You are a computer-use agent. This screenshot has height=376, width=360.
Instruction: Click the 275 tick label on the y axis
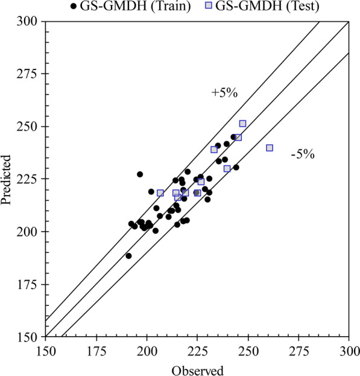coord(29,74)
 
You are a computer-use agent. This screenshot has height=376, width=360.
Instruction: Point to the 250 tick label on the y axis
coord(29,127)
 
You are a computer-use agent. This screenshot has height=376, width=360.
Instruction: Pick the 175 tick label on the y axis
coord(29,284)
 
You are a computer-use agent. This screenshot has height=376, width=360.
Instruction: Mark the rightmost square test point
coord(270,148)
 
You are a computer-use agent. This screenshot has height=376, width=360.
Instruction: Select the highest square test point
coord(242,124)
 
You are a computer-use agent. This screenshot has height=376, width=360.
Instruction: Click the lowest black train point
coord(128,256)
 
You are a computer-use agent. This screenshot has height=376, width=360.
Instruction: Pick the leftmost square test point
coord(160,193)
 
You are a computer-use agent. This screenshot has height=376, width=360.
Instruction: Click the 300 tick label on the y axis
coord(29,22)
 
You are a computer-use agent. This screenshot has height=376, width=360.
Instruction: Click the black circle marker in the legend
coord(74,7)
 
